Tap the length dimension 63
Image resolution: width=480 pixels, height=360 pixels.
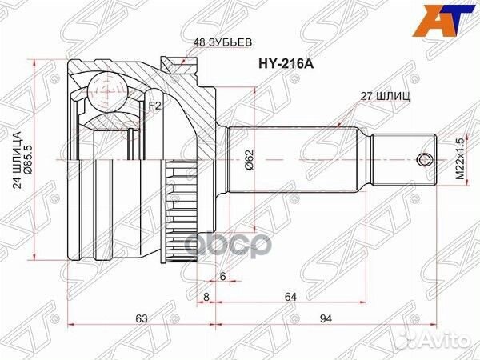(x=142, y=319)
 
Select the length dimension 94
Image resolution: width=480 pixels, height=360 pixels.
(x=326, y=319)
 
